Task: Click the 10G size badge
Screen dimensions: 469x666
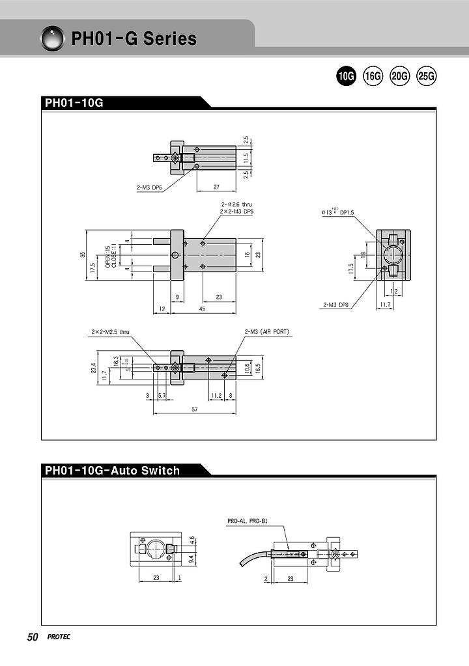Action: (x=345, y=76)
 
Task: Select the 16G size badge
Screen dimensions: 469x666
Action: (x=373, y=76)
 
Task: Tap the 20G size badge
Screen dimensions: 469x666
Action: (x=399, y=76)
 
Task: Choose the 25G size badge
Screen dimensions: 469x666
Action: (x=426, y=76)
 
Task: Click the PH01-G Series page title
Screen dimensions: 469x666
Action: (x=134, y=39)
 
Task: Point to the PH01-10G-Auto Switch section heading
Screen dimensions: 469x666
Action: (x=112, y=470)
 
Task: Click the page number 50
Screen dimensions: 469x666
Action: (x=33, y=637)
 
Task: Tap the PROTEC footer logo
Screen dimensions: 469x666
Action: (x=59, y=637)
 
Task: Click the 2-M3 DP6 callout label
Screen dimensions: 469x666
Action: (x=149, y=187)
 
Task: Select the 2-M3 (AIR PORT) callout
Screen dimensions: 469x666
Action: (x=267, y=332)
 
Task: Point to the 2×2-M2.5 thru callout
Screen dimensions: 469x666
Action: (x=110, y=332)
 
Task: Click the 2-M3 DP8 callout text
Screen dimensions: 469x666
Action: (x=336, y=304)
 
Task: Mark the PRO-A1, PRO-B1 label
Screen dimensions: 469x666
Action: (x=248, y=521)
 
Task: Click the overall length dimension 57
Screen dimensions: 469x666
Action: (x=194, y=409)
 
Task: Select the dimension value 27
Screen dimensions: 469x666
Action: (x=216, y=187)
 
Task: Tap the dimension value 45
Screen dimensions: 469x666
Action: (x=203, y=309)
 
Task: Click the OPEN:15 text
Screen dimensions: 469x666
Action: (x=107, y=251)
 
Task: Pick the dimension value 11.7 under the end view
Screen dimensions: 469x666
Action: (x=384, y=304)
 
